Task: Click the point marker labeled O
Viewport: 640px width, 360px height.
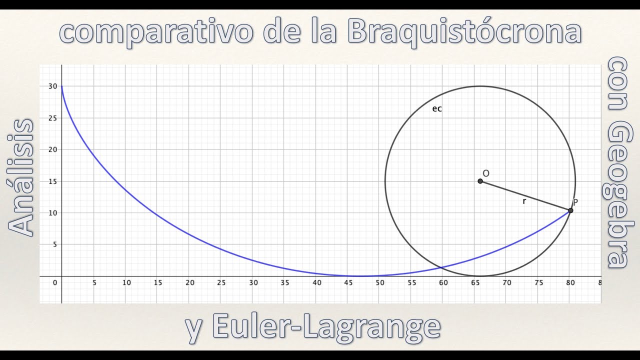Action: [x=480, y=181]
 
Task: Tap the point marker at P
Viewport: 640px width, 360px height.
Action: [x=570, y=210]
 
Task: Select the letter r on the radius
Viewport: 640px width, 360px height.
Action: [x=524, y=201]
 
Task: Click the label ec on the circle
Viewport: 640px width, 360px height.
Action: [x=437, y=108]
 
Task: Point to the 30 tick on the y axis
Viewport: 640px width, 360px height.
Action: [x=52, y=86]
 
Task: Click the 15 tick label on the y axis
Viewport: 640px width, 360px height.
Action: [x=52, y=181]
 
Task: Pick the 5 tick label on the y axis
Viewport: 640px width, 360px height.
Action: [x=54, y=244]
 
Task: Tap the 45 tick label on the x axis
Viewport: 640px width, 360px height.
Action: [x=348, y=283]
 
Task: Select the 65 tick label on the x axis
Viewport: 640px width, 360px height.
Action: [x=475, y=283]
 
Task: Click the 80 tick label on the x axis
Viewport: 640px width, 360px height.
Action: [x=570, y=283]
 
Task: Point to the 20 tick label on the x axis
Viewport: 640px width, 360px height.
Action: [x=190, y=283]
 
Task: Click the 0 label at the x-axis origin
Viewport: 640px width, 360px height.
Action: [x=55, y=283]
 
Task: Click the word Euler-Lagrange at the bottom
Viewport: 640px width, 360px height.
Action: [x=326, y=327]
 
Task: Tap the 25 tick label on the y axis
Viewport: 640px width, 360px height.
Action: [x=52, y=118]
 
